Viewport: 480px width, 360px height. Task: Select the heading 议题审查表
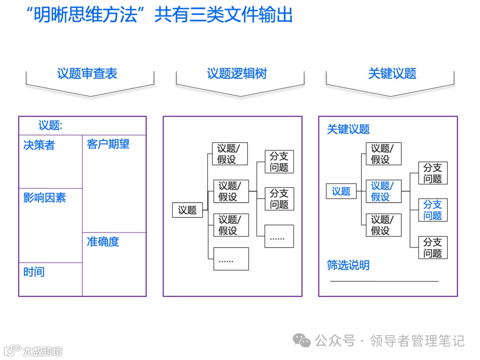[x=87, y=74]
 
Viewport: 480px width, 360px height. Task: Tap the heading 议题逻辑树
[x=237, y=74]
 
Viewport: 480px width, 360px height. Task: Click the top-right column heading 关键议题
[x=392, y=74]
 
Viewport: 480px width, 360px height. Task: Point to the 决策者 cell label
[x=39, y=145]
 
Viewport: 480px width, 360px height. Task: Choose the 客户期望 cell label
[x=108, y=144]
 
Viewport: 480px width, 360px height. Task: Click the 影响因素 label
[x=44, y=198]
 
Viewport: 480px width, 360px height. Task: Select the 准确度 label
[x=103, y=242]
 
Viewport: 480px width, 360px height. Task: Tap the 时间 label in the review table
[x=34, y=272]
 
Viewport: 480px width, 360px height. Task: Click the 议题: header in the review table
[x=50, y=126]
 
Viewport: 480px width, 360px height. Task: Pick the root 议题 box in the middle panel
[x=187, y=210]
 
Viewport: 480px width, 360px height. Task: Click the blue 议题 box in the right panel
[x=341, y=191]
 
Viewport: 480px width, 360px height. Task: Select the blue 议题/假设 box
[x=383, y=191]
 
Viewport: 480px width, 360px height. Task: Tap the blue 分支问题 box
[x=432, y=210]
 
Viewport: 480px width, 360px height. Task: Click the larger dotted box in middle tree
[x=231, y=259]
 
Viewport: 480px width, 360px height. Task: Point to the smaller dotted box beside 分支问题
[x=279, y=236]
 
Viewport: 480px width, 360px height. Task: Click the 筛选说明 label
[x=348, y=266]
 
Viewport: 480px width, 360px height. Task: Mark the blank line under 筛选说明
[x=384, y=281]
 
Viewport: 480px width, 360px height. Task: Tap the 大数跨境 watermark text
[x=43, y=351]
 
